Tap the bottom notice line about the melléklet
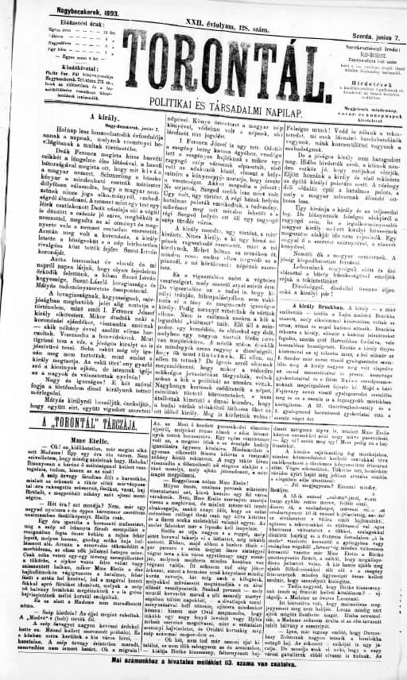203,660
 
